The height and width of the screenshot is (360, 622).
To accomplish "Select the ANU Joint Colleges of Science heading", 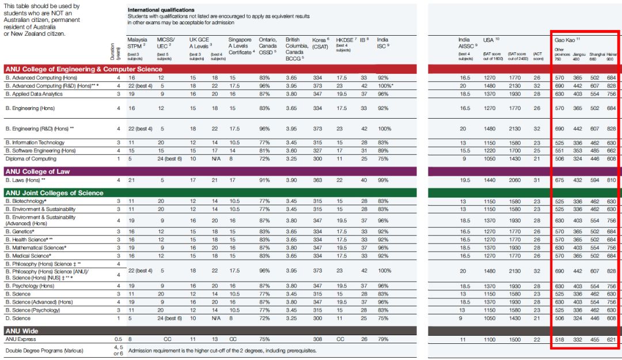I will click(54, 193).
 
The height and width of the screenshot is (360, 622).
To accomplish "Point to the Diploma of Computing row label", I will click(31, 158).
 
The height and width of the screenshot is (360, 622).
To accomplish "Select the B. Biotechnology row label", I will click(26, 201).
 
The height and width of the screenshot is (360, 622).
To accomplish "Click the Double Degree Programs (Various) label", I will click(44, 350).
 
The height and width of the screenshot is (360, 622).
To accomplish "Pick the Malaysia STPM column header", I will click(138, 43).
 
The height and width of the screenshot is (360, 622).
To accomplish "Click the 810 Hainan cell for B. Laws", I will click(611, 180).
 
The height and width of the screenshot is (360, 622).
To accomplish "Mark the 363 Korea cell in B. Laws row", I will click(317, 180).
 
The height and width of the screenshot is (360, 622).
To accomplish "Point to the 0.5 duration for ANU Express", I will click(118, 340).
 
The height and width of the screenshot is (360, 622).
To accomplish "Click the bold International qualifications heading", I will click(161, 10).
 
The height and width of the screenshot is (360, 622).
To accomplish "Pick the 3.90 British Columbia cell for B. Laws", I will click(293, 180).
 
